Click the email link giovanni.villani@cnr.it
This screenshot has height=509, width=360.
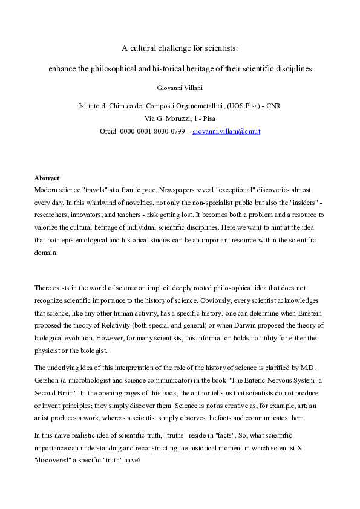(x=226, y=131)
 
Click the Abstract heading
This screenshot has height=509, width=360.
(x=47, y=178)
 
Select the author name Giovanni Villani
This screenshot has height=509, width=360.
(x=180, y=87)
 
